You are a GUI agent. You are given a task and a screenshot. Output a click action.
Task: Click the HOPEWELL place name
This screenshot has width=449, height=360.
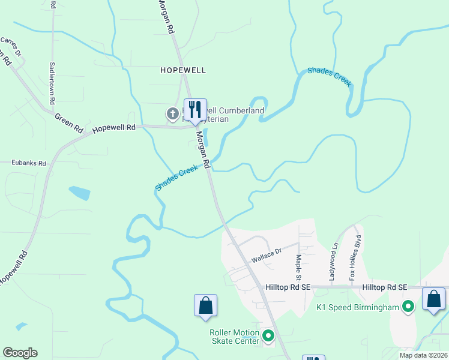coord(183,70)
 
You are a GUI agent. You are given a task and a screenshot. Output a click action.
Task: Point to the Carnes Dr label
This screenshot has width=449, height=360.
coord(11,47)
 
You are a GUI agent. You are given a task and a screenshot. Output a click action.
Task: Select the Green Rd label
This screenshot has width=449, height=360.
coord(68,122)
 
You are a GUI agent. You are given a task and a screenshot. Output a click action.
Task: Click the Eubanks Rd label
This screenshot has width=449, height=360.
coord(28,163)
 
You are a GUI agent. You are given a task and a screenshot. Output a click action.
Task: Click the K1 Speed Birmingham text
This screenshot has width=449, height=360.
coord(358,308)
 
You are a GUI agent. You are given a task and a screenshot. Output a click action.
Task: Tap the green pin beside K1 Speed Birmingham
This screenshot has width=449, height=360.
coord(408,307)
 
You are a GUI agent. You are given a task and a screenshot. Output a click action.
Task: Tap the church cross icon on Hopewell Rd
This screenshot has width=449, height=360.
coord(172,113)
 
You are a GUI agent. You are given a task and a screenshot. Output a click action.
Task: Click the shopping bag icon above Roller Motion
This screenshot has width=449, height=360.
coord(205,305)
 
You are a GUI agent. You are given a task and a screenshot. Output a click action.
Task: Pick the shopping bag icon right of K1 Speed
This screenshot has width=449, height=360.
coord(433,299)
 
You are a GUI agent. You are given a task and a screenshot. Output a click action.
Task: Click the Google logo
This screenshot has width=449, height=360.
coord(20,353)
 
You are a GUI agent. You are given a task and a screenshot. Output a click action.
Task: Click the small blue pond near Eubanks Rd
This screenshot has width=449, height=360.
coord(79,193)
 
